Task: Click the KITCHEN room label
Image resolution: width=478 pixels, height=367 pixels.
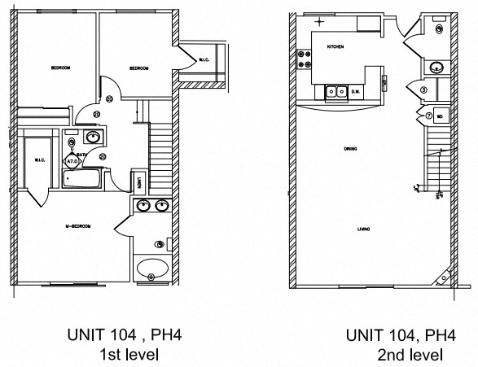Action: tap(335, 47)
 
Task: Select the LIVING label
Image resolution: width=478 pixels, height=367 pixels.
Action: tap(364, 229)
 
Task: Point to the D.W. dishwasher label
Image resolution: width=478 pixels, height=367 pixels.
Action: tap(355, 92)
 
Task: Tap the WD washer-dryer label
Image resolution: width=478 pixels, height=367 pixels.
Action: tap(440, 116)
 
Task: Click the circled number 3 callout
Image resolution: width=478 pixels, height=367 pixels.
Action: tap(423, 90)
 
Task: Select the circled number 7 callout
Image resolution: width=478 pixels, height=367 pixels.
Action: tap(428, 116)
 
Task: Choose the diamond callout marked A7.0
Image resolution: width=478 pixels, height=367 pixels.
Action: tap(72, 161)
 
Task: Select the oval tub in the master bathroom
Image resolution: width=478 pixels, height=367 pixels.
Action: tap(151, 267)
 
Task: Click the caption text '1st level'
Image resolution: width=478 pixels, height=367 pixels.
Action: tap(128, 354)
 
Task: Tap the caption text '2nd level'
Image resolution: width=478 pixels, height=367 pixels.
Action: tap(410, 355)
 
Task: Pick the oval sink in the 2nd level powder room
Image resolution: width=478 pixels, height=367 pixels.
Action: tap(435, 68)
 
